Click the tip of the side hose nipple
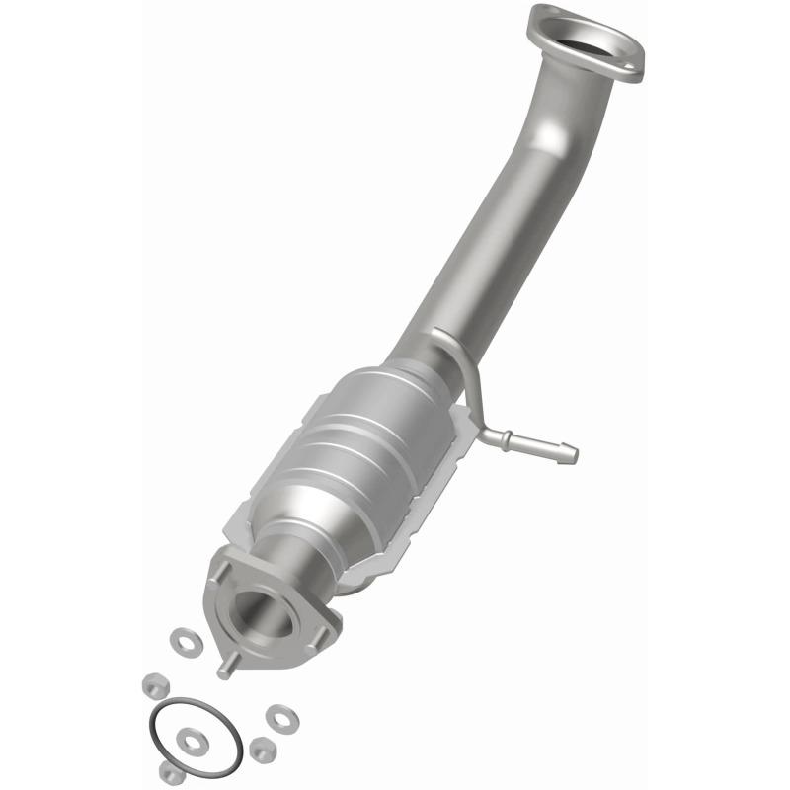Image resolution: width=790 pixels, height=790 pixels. (570, 454)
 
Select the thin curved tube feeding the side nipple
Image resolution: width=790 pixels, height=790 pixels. (464, 375)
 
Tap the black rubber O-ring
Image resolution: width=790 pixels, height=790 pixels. (197, 736)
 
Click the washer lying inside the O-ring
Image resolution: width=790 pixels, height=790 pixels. (193, 737)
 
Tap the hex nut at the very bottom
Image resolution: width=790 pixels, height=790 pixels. (171, 773)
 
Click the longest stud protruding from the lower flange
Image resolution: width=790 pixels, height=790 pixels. (226, 667)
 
